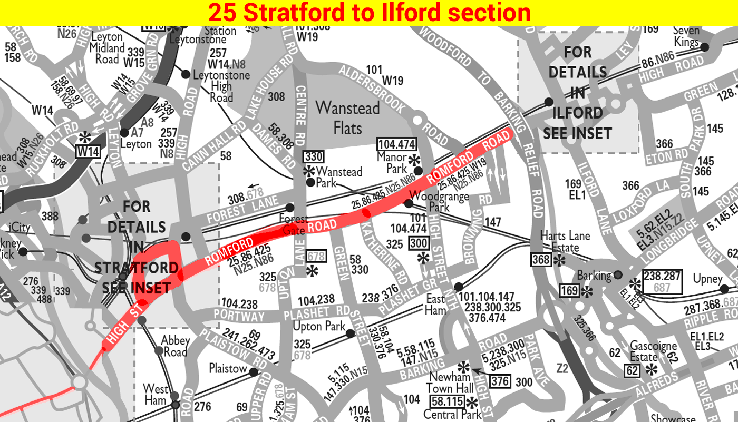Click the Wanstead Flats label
tap(348, 117)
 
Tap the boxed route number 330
tap(313, 156)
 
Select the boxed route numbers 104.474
tap(396, 144)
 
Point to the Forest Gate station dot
tap(289, 208)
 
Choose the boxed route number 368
tap(541, 260)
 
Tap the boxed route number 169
tap(569, 290)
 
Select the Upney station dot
tap(724, 289)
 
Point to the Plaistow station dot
tap(254, 372)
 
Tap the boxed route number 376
tap(500, 381)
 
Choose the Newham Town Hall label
tap(449, 384)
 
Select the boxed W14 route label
tap(88, 152)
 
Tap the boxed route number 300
tap(419, 243)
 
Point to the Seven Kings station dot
tap(704, 47)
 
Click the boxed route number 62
tap(633, 371)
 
